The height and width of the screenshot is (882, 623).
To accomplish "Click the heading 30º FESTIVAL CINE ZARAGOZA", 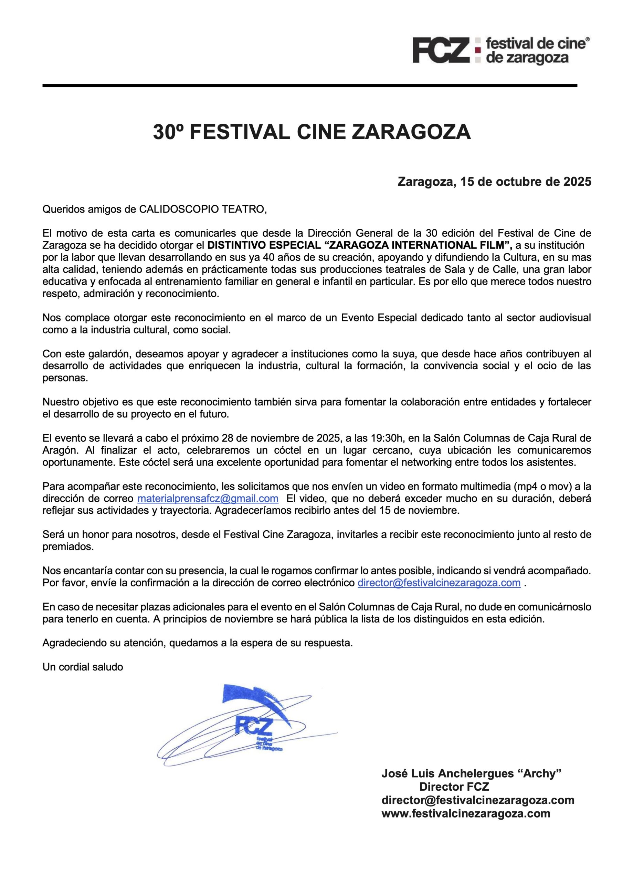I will point(312,133).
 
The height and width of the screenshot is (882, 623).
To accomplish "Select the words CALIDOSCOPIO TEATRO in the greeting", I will point(202,209).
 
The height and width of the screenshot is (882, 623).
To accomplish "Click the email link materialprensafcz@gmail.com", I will point(208,499).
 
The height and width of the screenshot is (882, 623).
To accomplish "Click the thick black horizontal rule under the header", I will point(309,85).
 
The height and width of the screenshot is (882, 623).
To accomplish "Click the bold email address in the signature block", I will point(477,800).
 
